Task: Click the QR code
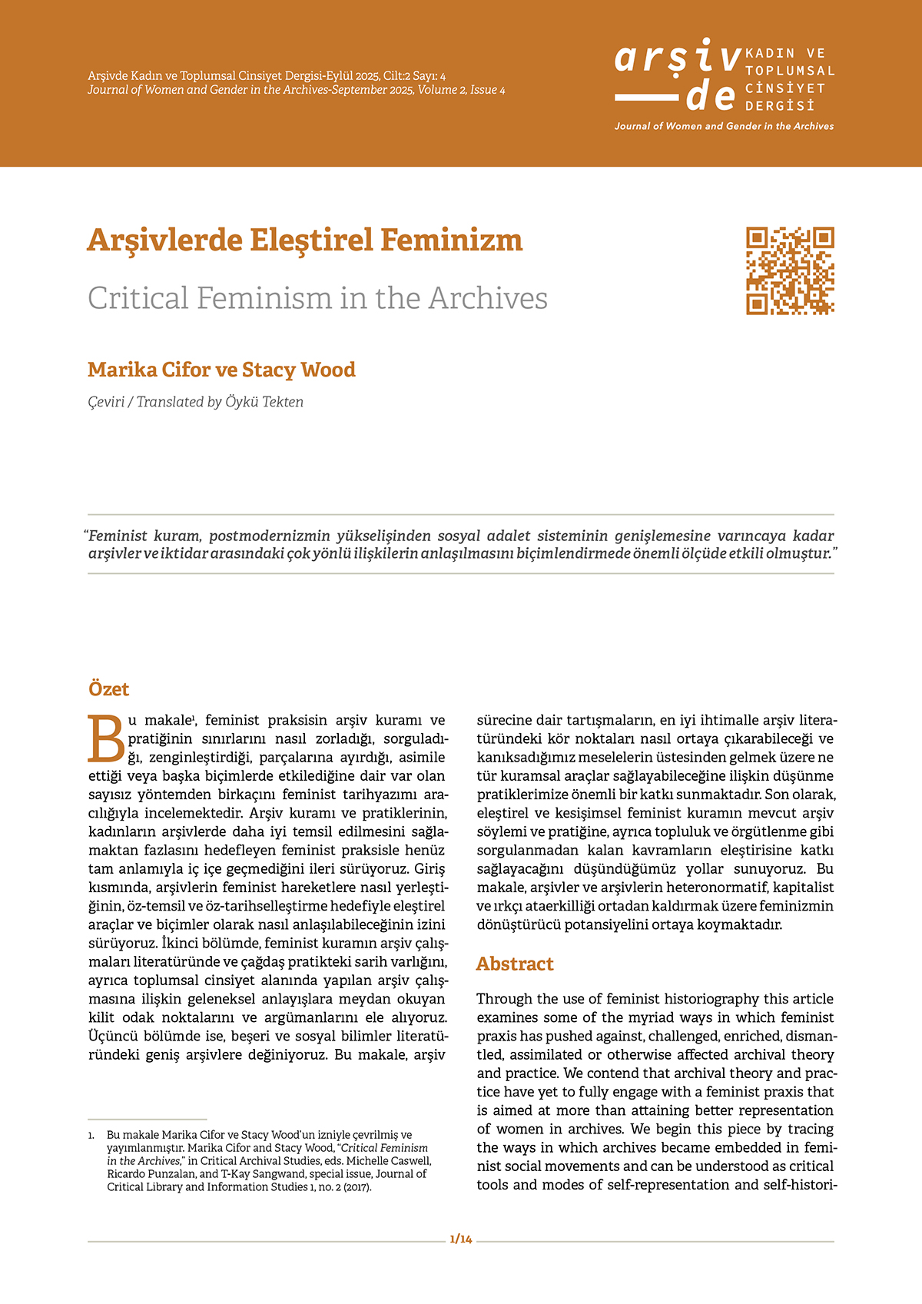coord(790,270)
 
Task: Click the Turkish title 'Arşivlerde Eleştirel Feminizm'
coord(305,241)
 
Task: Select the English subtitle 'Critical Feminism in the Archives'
coord(317,298)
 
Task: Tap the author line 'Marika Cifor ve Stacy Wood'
coord(221,370)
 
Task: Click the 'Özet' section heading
coord(108,689)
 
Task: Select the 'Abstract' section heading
coord(515,964)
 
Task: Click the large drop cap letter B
coord(106,739)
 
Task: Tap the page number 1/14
coord(461,1239)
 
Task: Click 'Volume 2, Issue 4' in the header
coord(462,90)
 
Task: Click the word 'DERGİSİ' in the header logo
coord(779,106)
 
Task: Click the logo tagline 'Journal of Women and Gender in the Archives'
coord(724,126)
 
